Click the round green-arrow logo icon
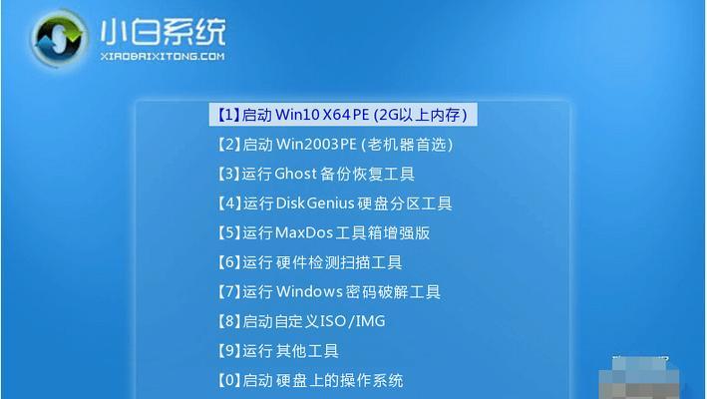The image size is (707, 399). pyautogui.click(x=59, y=38)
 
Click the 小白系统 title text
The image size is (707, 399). pyautogui.click(x=163, y=33)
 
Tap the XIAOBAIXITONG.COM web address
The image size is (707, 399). pyautogui.click(x=163, y=57)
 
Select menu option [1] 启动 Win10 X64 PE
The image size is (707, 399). pyautogui.click(x=343, y=115)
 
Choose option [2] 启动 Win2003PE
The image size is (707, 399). pyautogui.click(x=335, y=145)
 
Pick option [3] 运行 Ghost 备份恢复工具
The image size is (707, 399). pyautogui.click(x=316, y=174)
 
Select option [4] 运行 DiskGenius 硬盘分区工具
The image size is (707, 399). pyautogui.click(x=335, y=203)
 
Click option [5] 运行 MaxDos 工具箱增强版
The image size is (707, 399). pyautogui.click(x=323, y=233)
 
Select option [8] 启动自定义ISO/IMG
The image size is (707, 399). pyautogui.click(x=301, y=321)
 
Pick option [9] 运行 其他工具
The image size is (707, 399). pyautogui.click(x=278, y=351)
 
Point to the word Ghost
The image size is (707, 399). pyautogui.click(x=296, y=174)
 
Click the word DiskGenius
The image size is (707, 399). pyautogui.click(x=314, y=203)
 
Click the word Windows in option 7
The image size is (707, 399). pyautogui.click(x=308, y=291)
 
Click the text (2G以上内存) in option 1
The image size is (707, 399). pyautogui.click(x=420, y=115)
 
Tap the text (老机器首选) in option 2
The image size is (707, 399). pyautogui.click(x=407, y=145)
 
